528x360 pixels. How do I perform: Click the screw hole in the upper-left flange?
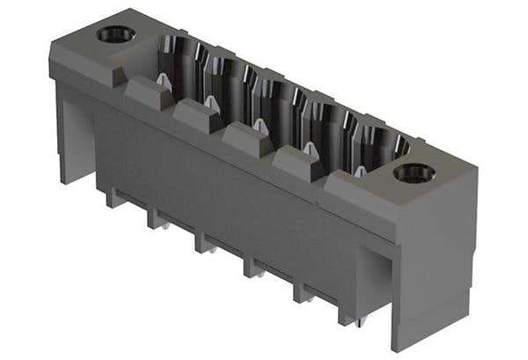coord(115,34)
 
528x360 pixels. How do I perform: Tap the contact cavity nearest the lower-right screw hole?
coord(377,141)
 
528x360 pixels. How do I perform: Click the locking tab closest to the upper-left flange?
coord(149,92)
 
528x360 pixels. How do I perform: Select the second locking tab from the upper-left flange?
coord(197,115)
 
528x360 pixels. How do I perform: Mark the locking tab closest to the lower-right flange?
coord(300,164)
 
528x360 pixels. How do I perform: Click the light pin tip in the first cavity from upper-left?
coord(163,80)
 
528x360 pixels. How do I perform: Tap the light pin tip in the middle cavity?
coord(261,125)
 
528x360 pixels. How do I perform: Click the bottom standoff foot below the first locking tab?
coord(115,198)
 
